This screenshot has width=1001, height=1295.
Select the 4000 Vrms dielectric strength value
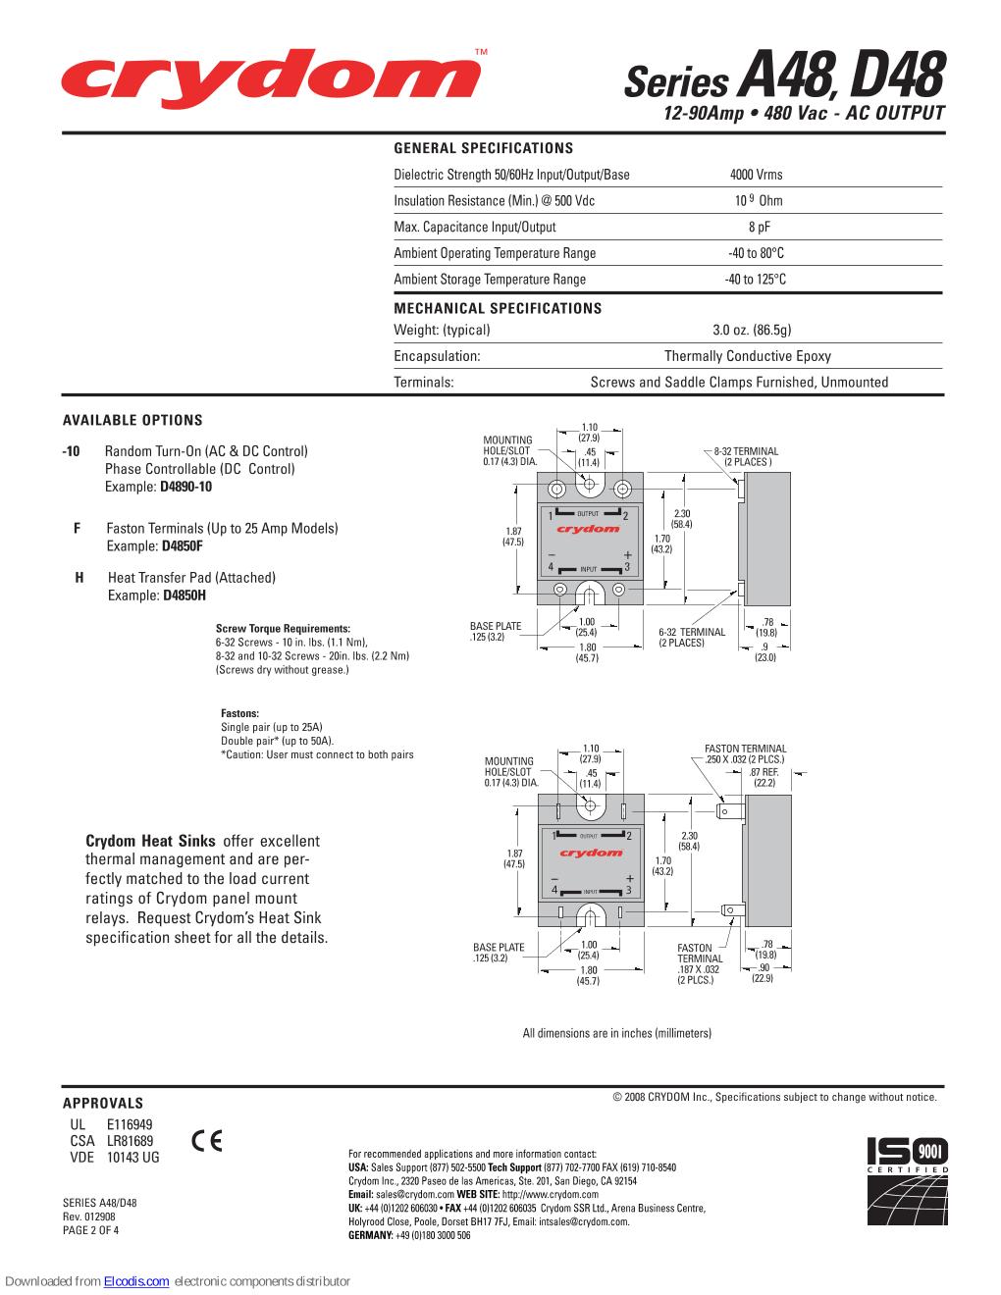[756, 175]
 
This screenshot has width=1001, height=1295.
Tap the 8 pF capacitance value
[756, 227]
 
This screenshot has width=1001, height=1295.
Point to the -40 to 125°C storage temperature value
[756, 280]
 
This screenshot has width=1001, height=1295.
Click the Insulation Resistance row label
[494, 201]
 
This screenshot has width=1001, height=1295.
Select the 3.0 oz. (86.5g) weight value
[752, 330]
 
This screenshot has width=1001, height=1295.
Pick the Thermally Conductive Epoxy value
[747, 356]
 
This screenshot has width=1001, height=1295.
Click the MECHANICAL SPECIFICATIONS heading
[498, 308]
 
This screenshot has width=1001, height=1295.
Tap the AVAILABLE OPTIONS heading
[132, 420]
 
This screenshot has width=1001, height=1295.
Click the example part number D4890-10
[186, 487]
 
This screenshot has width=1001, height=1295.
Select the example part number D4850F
[183, 545]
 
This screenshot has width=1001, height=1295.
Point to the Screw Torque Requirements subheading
[283, 628]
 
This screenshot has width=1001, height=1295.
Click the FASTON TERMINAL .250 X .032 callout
[746, 754]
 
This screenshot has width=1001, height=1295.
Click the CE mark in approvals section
[207, 1141]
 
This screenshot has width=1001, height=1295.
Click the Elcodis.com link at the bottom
[136, 1281]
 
